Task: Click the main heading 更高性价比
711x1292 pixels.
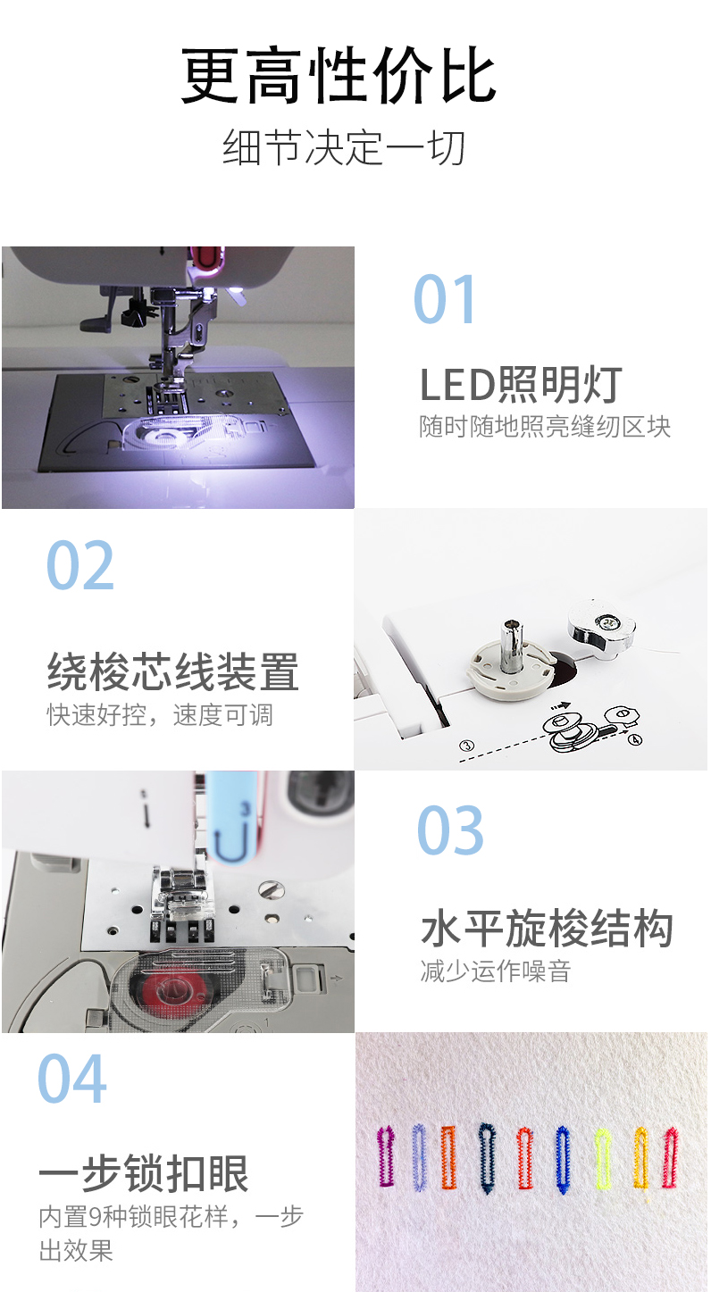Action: pos(339,76)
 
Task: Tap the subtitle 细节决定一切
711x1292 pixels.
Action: pos(344,148)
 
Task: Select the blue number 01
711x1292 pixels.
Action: pos(446,300)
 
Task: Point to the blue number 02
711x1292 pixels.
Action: pos(80,566)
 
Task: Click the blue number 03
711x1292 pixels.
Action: pos(451,831)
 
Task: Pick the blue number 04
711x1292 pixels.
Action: pos(72,1079)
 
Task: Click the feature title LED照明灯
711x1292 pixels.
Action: pos(521,385)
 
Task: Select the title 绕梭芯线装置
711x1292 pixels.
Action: pos(172,672)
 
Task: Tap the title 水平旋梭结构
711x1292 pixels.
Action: pos(547,929)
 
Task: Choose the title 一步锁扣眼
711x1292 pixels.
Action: pos(144,1174)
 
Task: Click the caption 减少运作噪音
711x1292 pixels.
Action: pos(495,971)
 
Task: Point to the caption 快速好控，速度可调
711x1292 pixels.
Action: pos(160,715)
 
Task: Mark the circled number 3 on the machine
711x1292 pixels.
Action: pos(465,745)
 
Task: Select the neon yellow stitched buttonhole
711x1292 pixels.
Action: pos(603,1159)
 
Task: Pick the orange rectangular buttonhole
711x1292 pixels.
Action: pos(448,1158)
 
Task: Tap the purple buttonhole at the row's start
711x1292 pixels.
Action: pos(386,1156)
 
